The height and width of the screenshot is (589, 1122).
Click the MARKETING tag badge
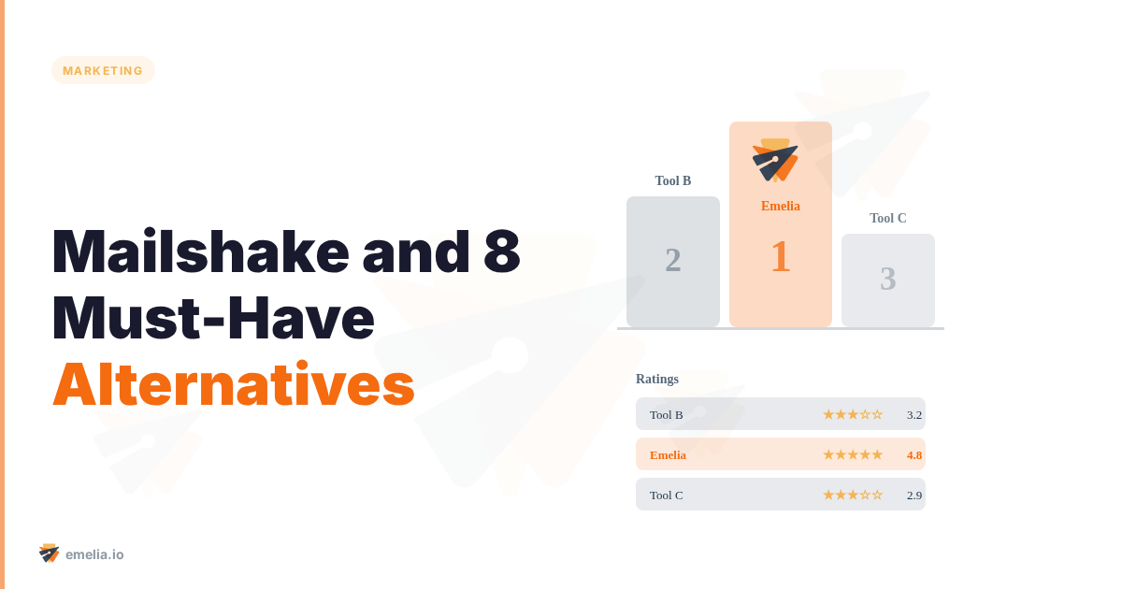click(x=103, y=70)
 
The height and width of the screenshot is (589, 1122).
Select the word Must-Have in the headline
click(x=213, y=318)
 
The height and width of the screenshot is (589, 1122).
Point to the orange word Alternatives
click(x=234, y=383)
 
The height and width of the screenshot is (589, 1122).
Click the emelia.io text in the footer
click(x=94, y=554)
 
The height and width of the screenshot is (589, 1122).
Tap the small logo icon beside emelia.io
click(x=50, y=553)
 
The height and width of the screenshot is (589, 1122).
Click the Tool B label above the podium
click(x=673, y=181)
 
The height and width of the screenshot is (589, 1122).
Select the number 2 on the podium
click(x=673, y=260)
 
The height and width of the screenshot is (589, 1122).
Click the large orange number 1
click(x=781, y=257)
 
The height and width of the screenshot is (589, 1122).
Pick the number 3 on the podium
click(x=888, y=279)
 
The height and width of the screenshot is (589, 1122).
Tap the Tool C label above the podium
click(x=888, y=219)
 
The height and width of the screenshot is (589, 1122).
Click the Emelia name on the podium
click(x=781, y=207)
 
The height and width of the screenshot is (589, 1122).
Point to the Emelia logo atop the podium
click(x=775, y=160)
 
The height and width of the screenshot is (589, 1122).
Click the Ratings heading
click(x=657, y=380)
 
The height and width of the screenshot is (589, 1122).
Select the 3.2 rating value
click(x=914, y=415)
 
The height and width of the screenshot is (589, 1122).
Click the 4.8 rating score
click(x=914, y=455)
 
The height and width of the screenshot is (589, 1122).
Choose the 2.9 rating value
click(x=914, y=496)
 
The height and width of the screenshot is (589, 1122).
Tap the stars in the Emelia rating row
click(x=853, y=455)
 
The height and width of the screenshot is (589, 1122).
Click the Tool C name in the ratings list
click(x=667, y=496)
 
